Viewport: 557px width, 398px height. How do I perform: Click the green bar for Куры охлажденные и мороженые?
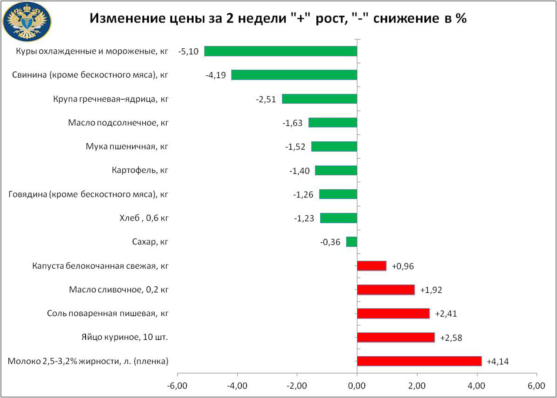click(x=281, y=51)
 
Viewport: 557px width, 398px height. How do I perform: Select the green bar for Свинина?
click(x=294, y=75)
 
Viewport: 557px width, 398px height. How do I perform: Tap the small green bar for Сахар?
click(x=352, y=242)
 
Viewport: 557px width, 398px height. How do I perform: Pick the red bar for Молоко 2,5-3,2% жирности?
click(x=419, y=361)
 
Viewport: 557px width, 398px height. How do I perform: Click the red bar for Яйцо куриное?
click(x=396, y=338)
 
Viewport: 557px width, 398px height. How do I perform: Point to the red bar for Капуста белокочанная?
click(x=372, y=266)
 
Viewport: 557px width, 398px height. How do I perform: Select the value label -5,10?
click(x=188, y=51)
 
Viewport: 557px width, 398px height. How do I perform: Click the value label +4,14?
click(x=497, y=361)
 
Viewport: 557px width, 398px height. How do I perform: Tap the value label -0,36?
click(x=330, y=242)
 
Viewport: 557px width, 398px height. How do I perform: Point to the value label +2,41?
click(x=446, y=314)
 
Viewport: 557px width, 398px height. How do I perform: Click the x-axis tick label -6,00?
click(x=178, y=385)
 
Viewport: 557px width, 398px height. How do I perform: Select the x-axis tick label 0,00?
click(x=357, y=385)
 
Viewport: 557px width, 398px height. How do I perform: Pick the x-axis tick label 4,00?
click(x=477, y=385)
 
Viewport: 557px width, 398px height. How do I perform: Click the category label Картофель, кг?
click(x=140, y=170)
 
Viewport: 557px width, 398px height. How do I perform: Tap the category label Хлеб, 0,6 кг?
click(x=143, y=218)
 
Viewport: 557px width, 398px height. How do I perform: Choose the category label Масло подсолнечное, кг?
click(x=118, y=123)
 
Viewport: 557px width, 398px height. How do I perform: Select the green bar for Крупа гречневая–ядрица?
click(x=319, y=99)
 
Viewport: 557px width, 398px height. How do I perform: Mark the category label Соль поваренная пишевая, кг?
click(x=107, y=313)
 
